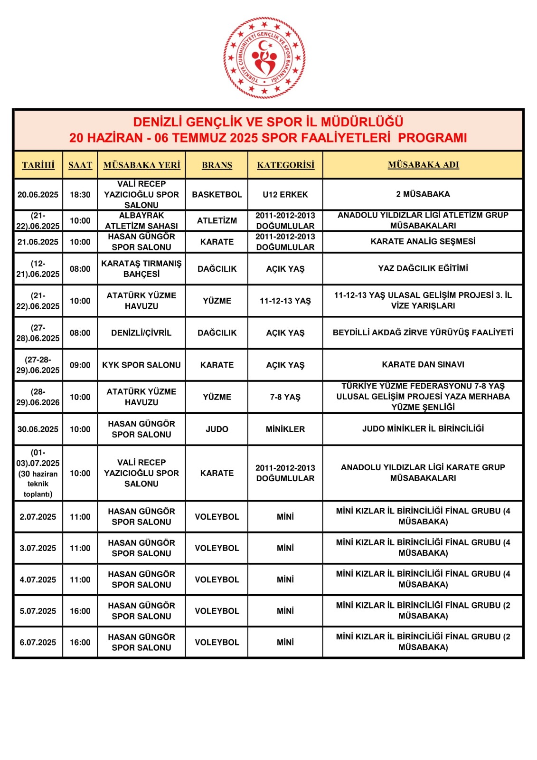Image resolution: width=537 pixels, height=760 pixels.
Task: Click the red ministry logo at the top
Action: pos(264,57)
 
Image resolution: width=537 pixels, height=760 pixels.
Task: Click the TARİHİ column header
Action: pos(38,165)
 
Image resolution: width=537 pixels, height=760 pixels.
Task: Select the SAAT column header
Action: pos(80,165)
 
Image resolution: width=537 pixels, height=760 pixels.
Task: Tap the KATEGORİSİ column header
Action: pos(285,165)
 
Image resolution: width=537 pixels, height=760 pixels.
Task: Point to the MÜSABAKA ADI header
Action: pos(423,164)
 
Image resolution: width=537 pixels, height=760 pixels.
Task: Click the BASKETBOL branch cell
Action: pos(217,194)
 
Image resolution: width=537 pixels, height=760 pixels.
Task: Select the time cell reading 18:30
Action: pos(80,194)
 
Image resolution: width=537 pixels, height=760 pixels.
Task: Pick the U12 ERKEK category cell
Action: pos(285,194)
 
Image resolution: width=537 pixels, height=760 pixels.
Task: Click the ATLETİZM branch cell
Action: pos(217,220)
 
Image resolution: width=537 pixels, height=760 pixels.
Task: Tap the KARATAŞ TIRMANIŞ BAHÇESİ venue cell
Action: pos(141,269)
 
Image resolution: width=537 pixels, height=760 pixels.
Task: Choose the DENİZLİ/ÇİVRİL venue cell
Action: pos(141,333)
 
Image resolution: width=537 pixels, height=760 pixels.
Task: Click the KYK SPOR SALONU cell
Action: pos(141,365)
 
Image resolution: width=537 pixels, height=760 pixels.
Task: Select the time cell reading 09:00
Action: pos(80,365)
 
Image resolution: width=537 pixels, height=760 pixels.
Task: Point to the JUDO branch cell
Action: pos(217,429)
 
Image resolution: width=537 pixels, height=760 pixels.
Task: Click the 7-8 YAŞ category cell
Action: pos(285,397)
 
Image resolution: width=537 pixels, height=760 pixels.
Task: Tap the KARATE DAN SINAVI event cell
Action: pos(423,364)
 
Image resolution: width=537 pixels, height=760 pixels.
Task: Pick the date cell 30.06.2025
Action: pos(38,429)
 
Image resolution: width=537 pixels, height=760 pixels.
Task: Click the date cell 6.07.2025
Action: pos(38,642)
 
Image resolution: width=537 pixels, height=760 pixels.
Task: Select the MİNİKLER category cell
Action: pos(285,429)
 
